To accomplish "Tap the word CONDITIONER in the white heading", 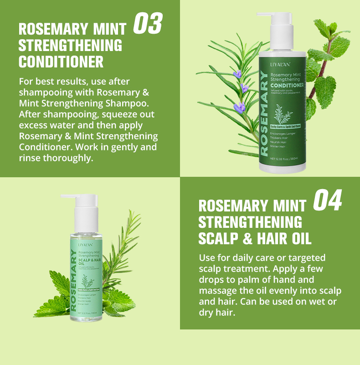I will click(x=61, y=61).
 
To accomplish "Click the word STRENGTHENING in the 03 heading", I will click(x=70, y=46).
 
